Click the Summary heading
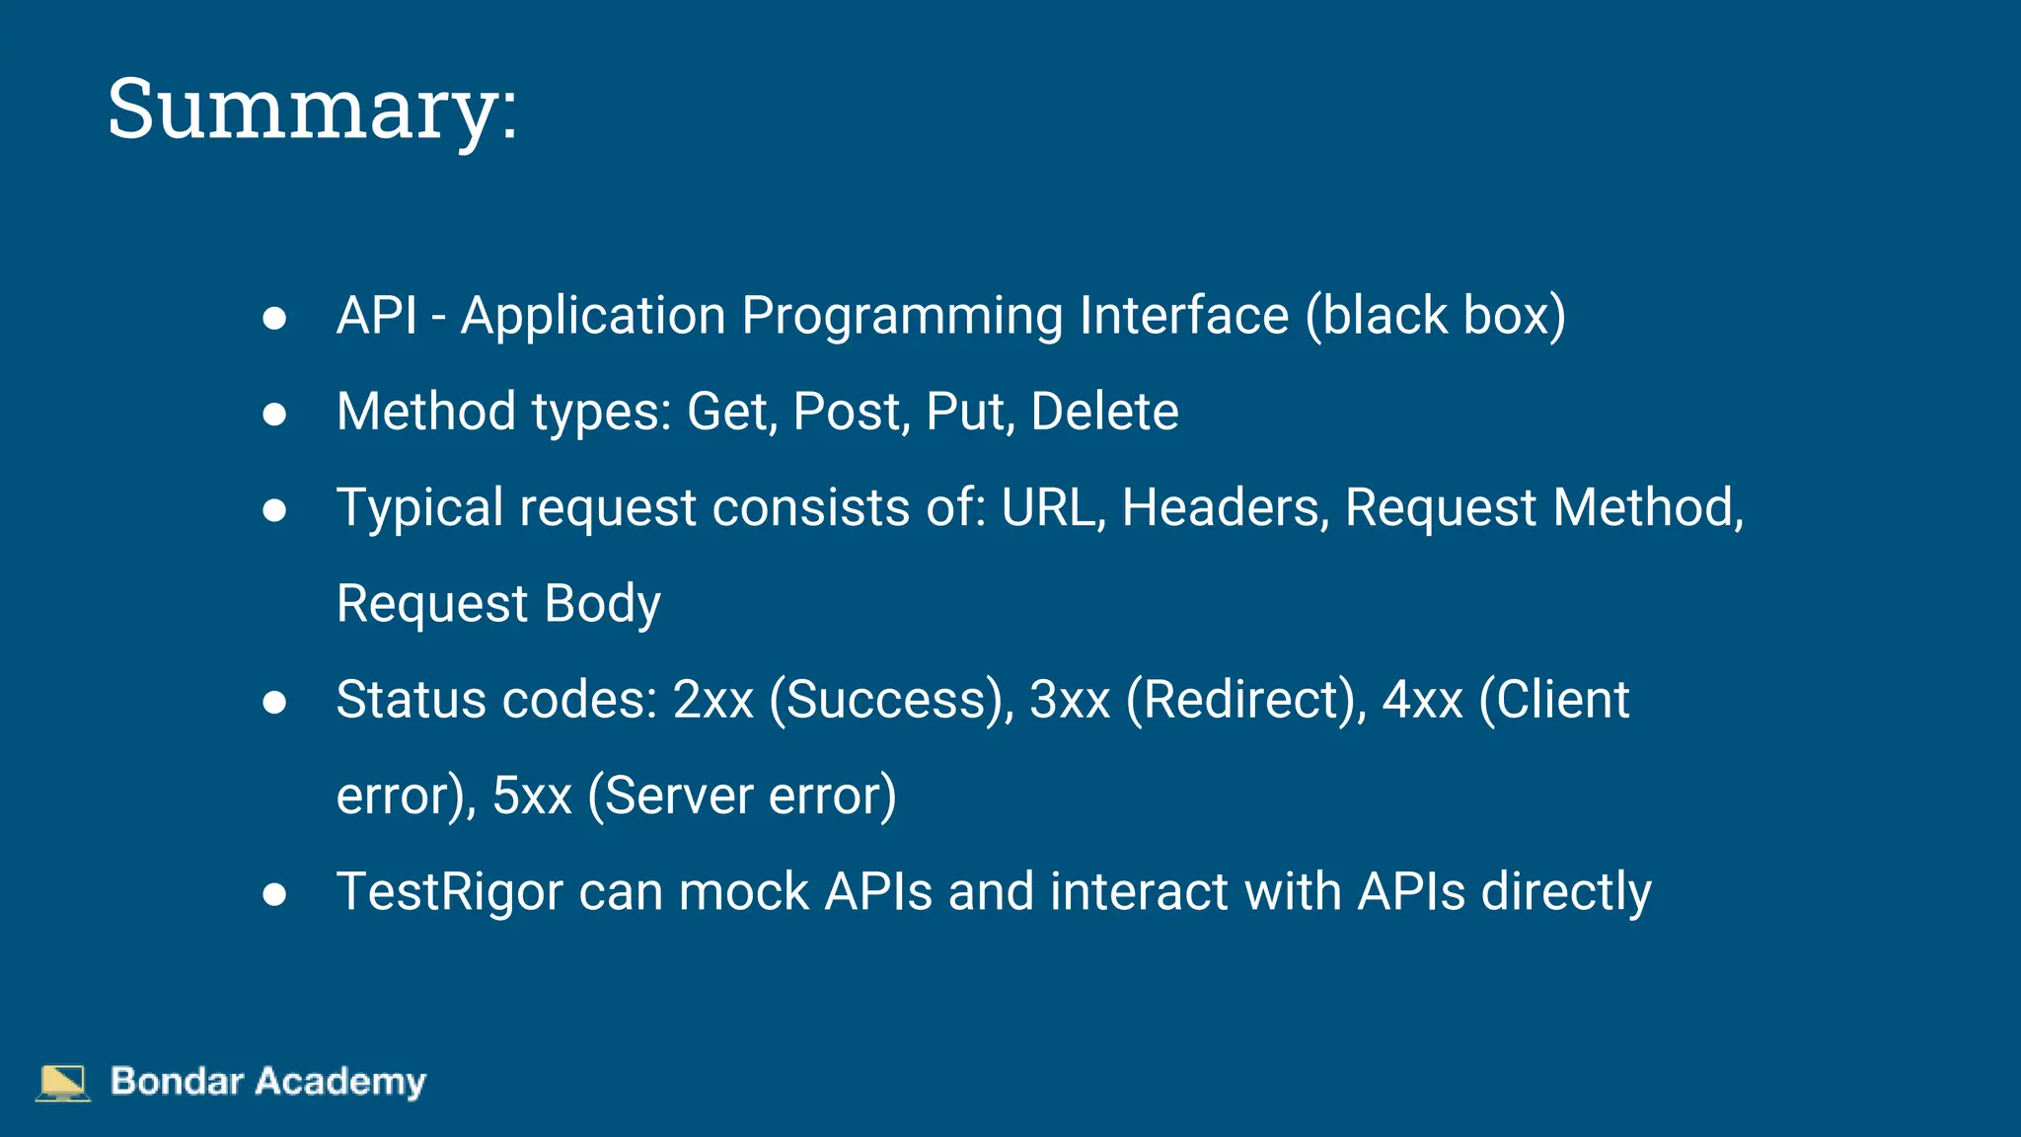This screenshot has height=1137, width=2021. pos(312,110)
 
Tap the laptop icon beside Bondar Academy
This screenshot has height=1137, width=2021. pos(62,1082)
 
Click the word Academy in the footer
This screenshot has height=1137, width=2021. pos(340,1082)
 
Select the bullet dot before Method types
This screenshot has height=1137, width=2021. pos(274,414)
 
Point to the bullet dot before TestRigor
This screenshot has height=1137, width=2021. pos(274,894)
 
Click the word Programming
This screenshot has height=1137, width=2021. pos(902,317)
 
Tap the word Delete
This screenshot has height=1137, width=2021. pos(1104,412)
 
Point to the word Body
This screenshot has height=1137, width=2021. pos(602,604)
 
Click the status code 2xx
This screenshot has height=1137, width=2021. pos(712,700)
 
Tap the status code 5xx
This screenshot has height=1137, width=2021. pos(532,796)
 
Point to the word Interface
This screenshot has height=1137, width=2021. pos(1184,317)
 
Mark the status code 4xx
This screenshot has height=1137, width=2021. pos(1422,700)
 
